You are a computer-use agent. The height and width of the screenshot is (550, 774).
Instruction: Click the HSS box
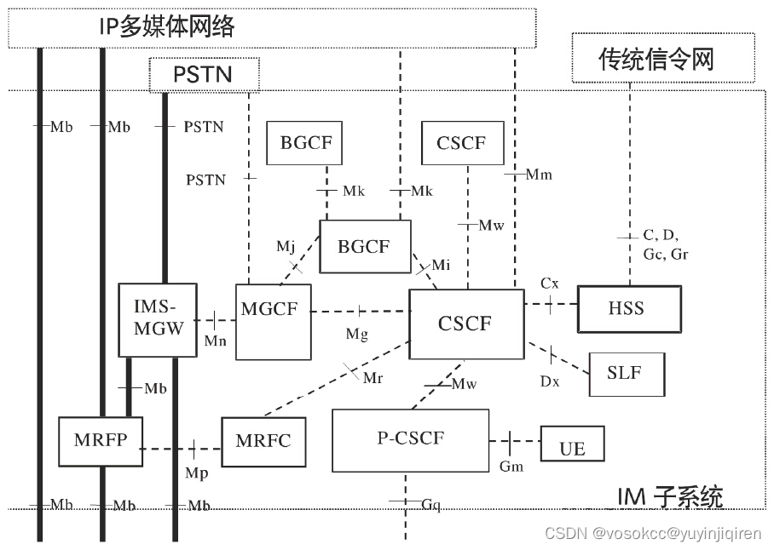click(629, 309)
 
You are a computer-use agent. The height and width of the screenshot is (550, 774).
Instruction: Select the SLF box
click(627, 373)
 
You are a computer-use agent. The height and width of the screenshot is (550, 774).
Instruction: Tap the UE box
click(573, 447)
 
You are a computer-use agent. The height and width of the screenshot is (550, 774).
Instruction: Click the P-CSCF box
click(410, 440)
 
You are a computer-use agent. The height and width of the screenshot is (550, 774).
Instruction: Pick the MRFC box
click(263, 441)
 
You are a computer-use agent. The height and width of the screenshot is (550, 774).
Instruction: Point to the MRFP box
click(99, 441)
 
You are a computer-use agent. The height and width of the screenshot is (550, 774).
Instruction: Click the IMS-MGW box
click(158, 319)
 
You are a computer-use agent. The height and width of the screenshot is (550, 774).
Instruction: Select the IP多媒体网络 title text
click(166, 27)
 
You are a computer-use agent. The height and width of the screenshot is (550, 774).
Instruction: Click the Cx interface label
click(550, 282)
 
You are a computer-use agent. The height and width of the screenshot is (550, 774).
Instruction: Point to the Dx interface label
click(550, 381)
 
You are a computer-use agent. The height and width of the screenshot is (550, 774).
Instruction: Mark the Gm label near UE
click(511, 466)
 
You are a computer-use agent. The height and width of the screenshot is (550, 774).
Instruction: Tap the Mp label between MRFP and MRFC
click(196, 471)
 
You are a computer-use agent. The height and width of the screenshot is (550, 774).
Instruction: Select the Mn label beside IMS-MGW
click(216, 341)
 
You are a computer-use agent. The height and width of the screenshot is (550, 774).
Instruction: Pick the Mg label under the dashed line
click(356, 335)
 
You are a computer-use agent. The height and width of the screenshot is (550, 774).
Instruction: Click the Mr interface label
click(373, 378)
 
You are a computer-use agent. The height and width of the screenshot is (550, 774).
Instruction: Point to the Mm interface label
click(539, 175)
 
